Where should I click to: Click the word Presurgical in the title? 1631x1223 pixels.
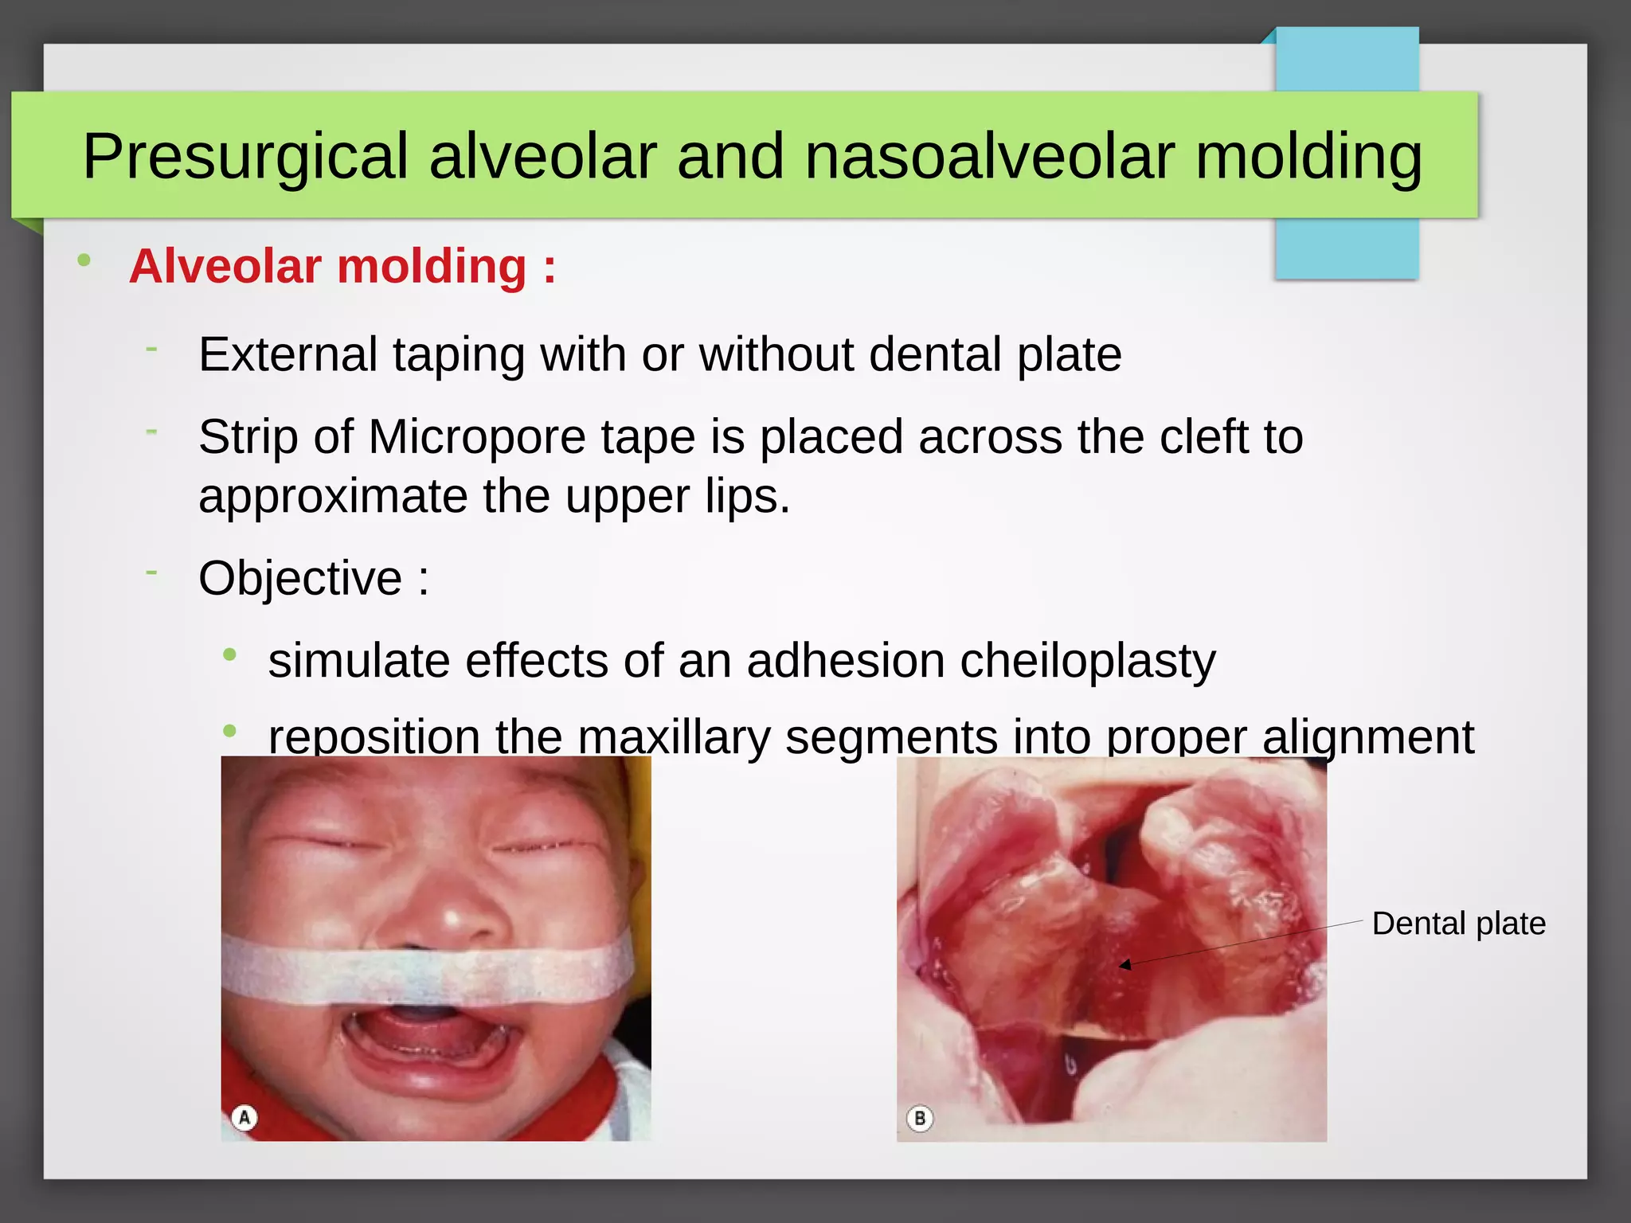pos(245,157)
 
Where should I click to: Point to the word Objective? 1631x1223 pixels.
pos(300,578)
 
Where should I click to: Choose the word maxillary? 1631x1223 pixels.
pos(674,737)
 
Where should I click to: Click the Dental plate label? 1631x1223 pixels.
pos(1458,924)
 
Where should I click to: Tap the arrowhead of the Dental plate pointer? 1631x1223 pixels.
pos(1124,965)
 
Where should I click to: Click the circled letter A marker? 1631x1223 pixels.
pos(244,1118)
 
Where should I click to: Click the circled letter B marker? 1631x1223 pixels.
pos(920,1119)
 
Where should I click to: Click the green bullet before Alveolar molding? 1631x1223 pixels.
pos(84,261)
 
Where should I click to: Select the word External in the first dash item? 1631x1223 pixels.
pos(287,354)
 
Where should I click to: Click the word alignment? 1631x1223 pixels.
pos(1367,737)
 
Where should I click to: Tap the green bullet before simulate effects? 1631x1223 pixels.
pos(230,655)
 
